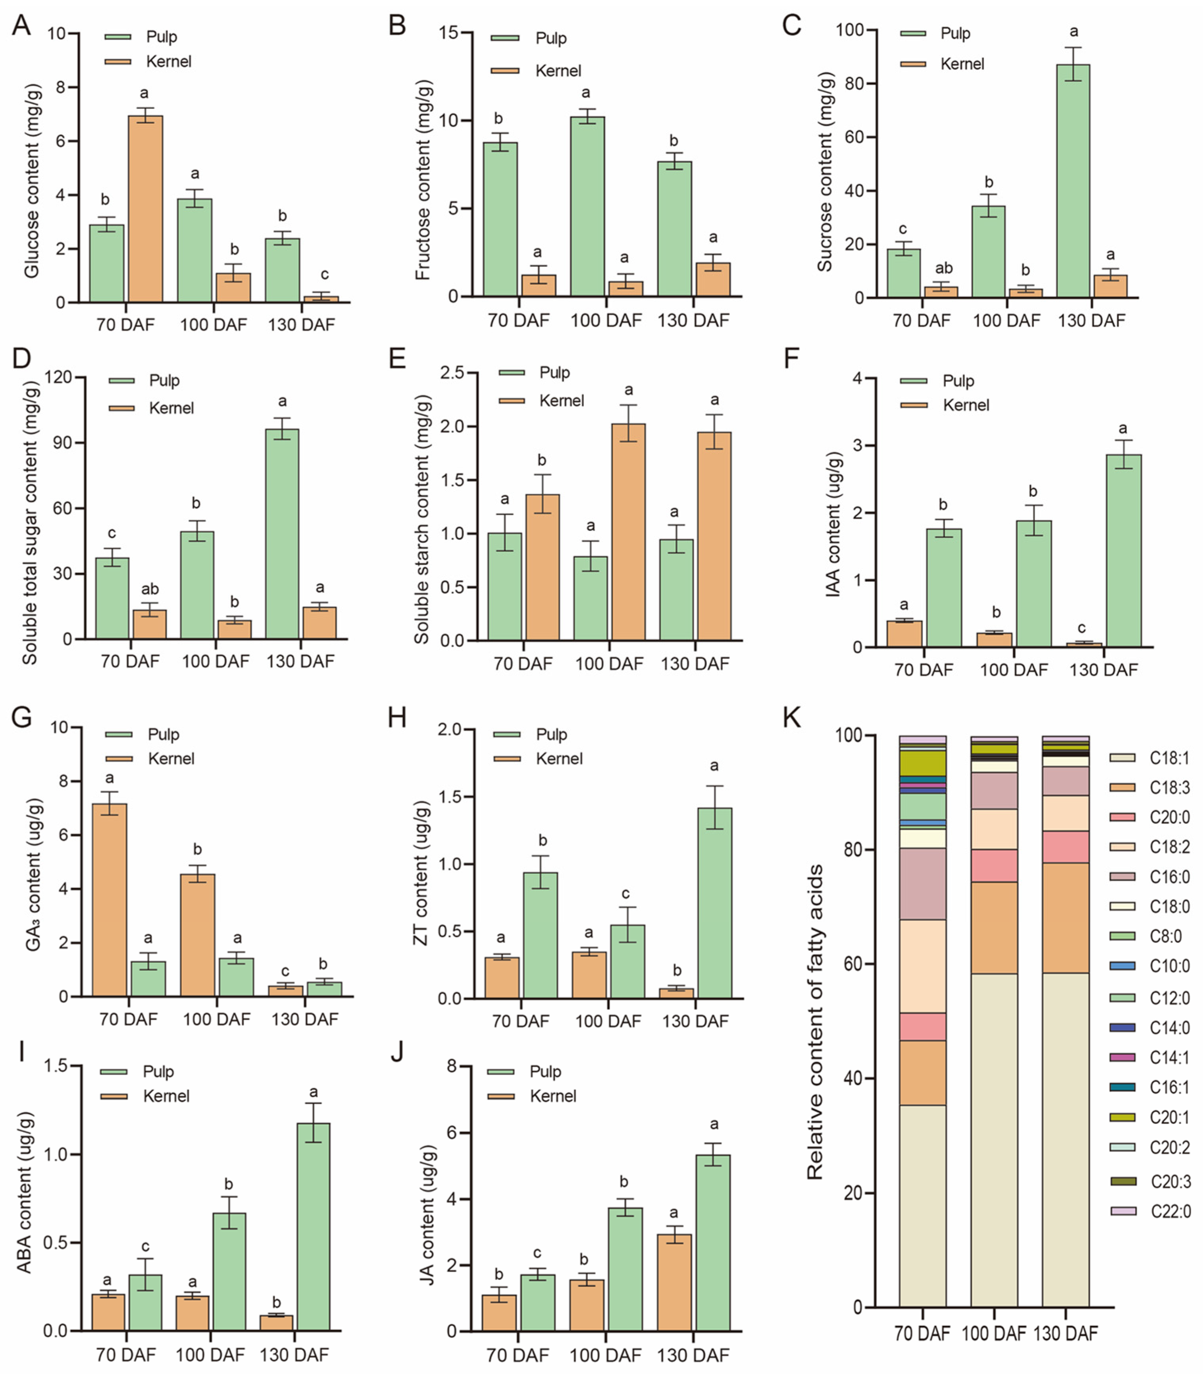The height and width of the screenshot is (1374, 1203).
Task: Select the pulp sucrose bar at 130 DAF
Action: pos(1073,181)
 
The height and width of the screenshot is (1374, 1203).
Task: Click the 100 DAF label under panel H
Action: pos(608,1021)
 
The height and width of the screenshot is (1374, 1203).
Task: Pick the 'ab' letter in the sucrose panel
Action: pos(944,268)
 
